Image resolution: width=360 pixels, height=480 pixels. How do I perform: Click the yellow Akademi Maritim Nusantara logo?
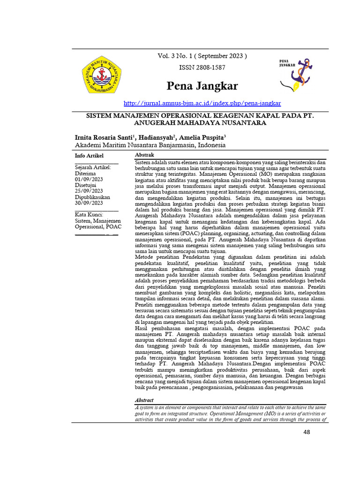coord(101,74)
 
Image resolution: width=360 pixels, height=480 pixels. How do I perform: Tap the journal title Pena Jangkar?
coord(202,86)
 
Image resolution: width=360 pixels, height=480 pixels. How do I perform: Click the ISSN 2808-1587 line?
coord(202,67)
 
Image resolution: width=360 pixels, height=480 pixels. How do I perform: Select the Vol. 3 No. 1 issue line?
coord(202,56)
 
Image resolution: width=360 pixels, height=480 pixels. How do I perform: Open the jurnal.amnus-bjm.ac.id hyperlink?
coord(202,103)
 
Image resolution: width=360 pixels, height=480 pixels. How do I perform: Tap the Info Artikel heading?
coord(90,156)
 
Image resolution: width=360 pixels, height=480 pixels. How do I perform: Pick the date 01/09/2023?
coord(89,179)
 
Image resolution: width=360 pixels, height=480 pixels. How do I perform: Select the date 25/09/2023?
coord(89,191)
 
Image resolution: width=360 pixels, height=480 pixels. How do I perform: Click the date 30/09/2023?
coord(89,203)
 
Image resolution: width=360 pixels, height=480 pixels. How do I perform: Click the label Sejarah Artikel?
coord(93,167)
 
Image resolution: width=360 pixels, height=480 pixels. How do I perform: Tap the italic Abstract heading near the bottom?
coord(144,400)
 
